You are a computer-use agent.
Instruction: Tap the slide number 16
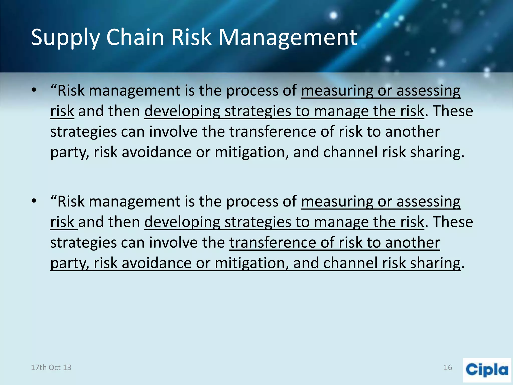tap(448, 367)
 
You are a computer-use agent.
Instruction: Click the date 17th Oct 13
tap(51, 367)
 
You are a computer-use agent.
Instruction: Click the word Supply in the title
tap(65, 38)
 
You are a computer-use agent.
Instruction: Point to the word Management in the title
tap(288, 38)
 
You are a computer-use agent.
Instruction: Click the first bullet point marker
tap(34, 90)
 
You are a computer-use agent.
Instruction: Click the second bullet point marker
tap(34, 201)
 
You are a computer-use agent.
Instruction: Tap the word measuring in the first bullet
tap(337, 91)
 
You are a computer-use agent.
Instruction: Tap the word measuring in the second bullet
tap(337, 202)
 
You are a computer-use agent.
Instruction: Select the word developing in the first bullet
tap(182, 112)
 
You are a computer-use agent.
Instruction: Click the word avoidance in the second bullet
tap(157, 263)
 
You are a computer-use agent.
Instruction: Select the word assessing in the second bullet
tap(428, 202)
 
